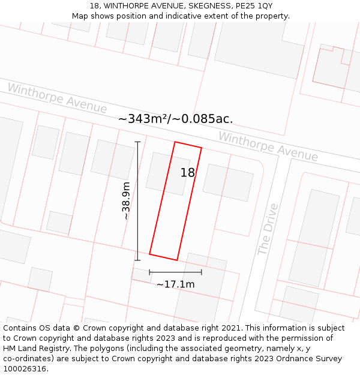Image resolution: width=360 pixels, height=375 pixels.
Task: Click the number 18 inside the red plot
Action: point(188,173)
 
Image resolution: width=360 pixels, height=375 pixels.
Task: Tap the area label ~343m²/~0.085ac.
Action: point(175,119)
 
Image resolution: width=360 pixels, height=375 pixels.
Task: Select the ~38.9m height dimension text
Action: point(126,201)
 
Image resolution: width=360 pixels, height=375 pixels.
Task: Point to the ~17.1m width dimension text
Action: point(175,284)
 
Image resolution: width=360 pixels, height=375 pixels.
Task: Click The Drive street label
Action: point(268,230)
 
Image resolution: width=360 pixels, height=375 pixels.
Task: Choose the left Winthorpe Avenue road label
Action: point(57,98)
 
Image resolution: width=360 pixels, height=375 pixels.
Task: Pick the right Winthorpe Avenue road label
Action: point(268,146)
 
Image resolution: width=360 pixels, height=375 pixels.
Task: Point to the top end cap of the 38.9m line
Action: point(137,142)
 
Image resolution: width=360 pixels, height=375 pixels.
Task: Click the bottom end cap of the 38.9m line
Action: point(137,260)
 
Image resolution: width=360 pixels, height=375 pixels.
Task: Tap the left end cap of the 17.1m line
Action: point(149,272)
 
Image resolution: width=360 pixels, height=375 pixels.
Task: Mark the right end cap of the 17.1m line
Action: point(202,272)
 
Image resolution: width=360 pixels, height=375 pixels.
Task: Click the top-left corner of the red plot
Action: point(175,142)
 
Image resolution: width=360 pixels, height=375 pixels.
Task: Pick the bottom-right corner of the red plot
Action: point(177,260)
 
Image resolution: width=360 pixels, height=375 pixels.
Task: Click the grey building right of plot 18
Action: point(228,182)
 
